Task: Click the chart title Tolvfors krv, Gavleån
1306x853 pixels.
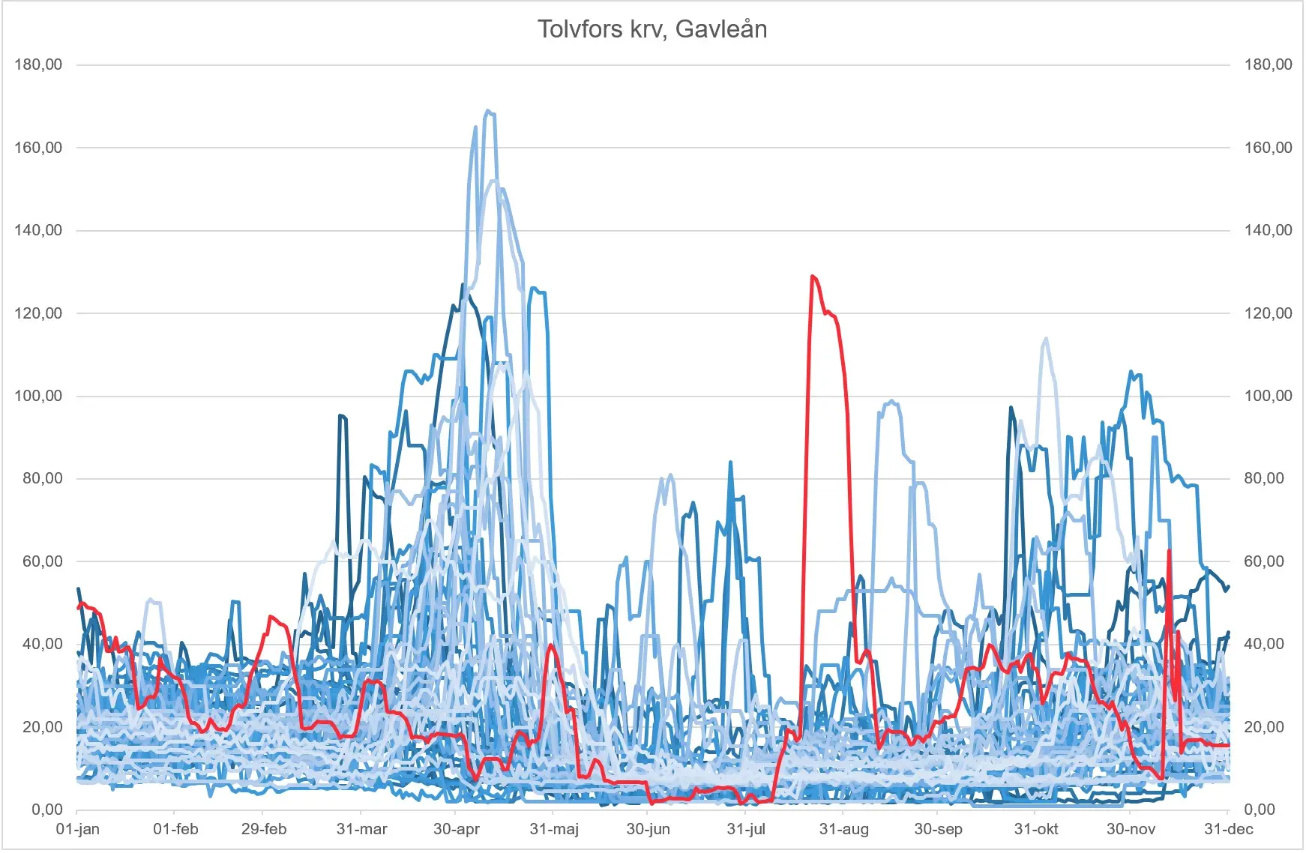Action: pyautogui.click(x=652, y=29)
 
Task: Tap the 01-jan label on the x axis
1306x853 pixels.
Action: pyautogui.click(x=78, y=829)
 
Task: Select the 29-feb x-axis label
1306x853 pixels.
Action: pyautogui.click(x=264, y=829)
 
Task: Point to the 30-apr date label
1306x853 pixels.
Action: pyautogui.click(x=457, y=829)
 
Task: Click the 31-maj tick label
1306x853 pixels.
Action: pyautogui.click(x=554, y=829)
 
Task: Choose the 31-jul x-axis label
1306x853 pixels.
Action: pyautogui.click(x=747, y=829)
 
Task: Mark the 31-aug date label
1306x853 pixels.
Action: pyautogui.click(x=844, y=829)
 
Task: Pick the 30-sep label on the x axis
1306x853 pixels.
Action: pyautogui.click(x=938, y=829)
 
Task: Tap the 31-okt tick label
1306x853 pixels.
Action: pyautogui.click(x=1036, y=829)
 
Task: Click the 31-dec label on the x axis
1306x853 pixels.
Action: pyautogui.click(x=1229, y=829)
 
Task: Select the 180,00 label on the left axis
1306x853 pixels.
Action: pyautogui.click(x=38, y=64)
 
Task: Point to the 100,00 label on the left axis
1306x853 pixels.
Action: pyautogui.click(x=38, y=396)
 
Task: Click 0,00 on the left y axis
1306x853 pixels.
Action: pyautogui.click(x=47, y=810)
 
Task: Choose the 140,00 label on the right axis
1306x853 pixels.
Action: pyautogui.click(x=1269, y=230)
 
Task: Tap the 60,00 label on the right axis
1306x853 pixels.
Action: pyautogui.click(x=1264, y=561)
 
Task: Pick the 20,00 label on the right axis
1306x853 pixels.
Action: pyautogui.click(x=1264, y=727)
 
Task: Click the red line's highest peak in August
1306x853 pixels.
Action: pyautogui.click(x=813, y=276)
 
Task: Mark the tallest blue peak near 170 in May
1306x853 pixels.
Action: pyautogui.click(x=488, y=111)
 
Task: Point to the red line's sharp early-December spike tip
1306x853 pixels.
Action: pyautogui.click(x=1169, y=551)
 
